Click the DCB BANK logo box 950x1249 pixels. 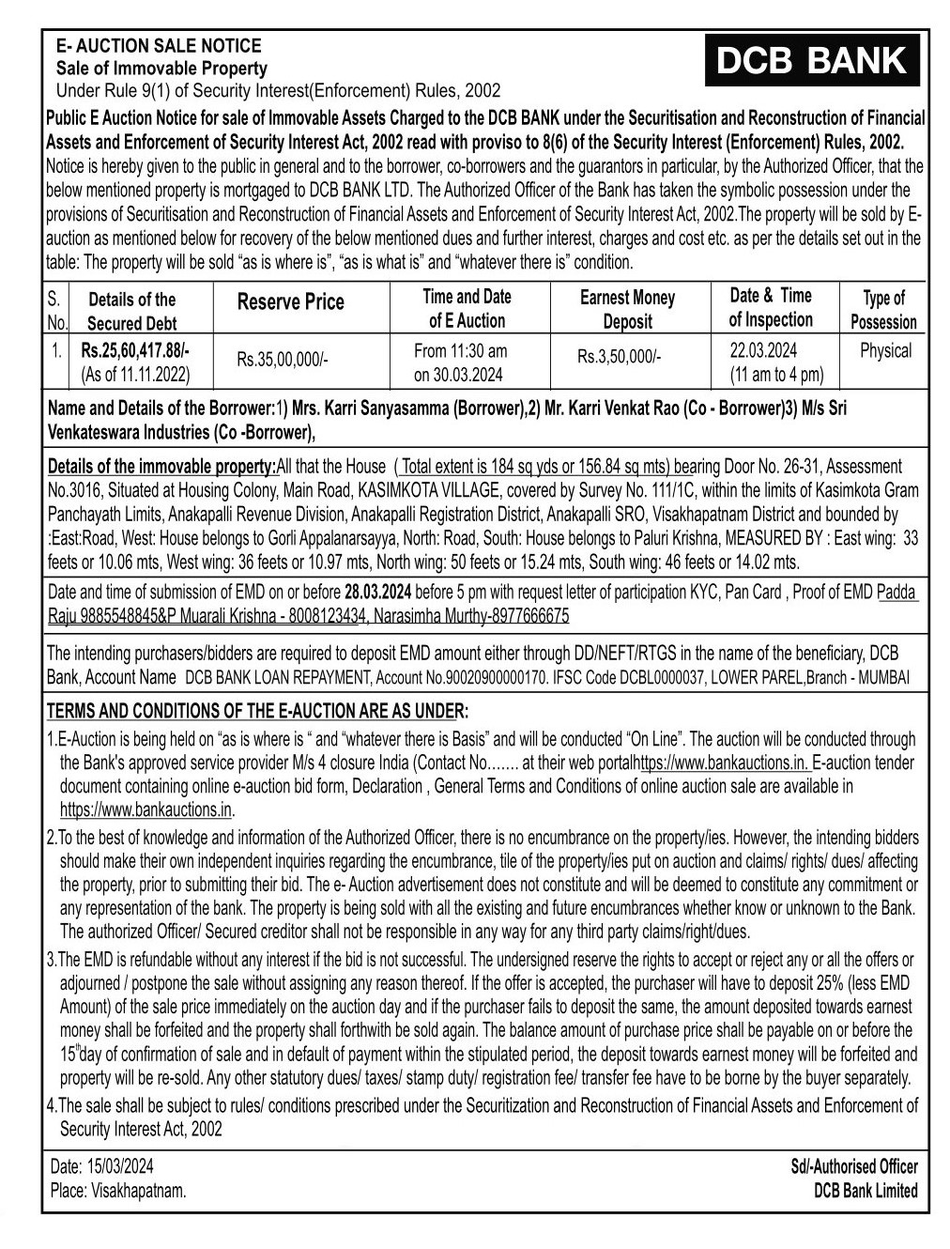pyautogui.click(x=812, y=62)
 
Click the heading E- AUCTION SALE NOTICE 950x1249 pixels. pyautogui.click(x=159, y=46)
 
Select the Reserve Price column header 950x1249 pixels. pyautogui.click(x=290, y=302)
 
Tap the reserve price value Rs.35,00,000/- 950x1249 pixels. pyautogui.click(x=282, y=359)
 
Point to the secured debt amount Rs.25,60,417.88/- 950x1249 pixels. pyautogui.click(x=135, y=350)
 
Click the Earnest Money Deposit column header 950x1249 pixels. pyautogui.click(x=626, y=309)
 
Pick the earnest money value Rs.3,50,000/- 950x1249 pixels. pyautogui.click(x=619, y=357)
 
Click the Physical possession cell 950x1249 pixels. pyautogui.click(x=884, y=350)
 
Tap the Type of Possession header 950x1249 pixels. pyautogui.click(x=883, y=310)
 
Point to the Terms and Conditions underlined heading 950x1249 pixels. pyautogui.click(x=257, y=711)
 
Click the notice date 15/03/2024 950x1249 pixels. pyautogui.click(x=120, y=1166)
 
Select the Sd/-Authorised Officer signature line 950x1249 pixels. pyautogui.click(x=853, y=1166)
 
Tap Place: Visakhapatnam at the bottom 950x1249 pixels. pyautogui.click(x=118, y=1190)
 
